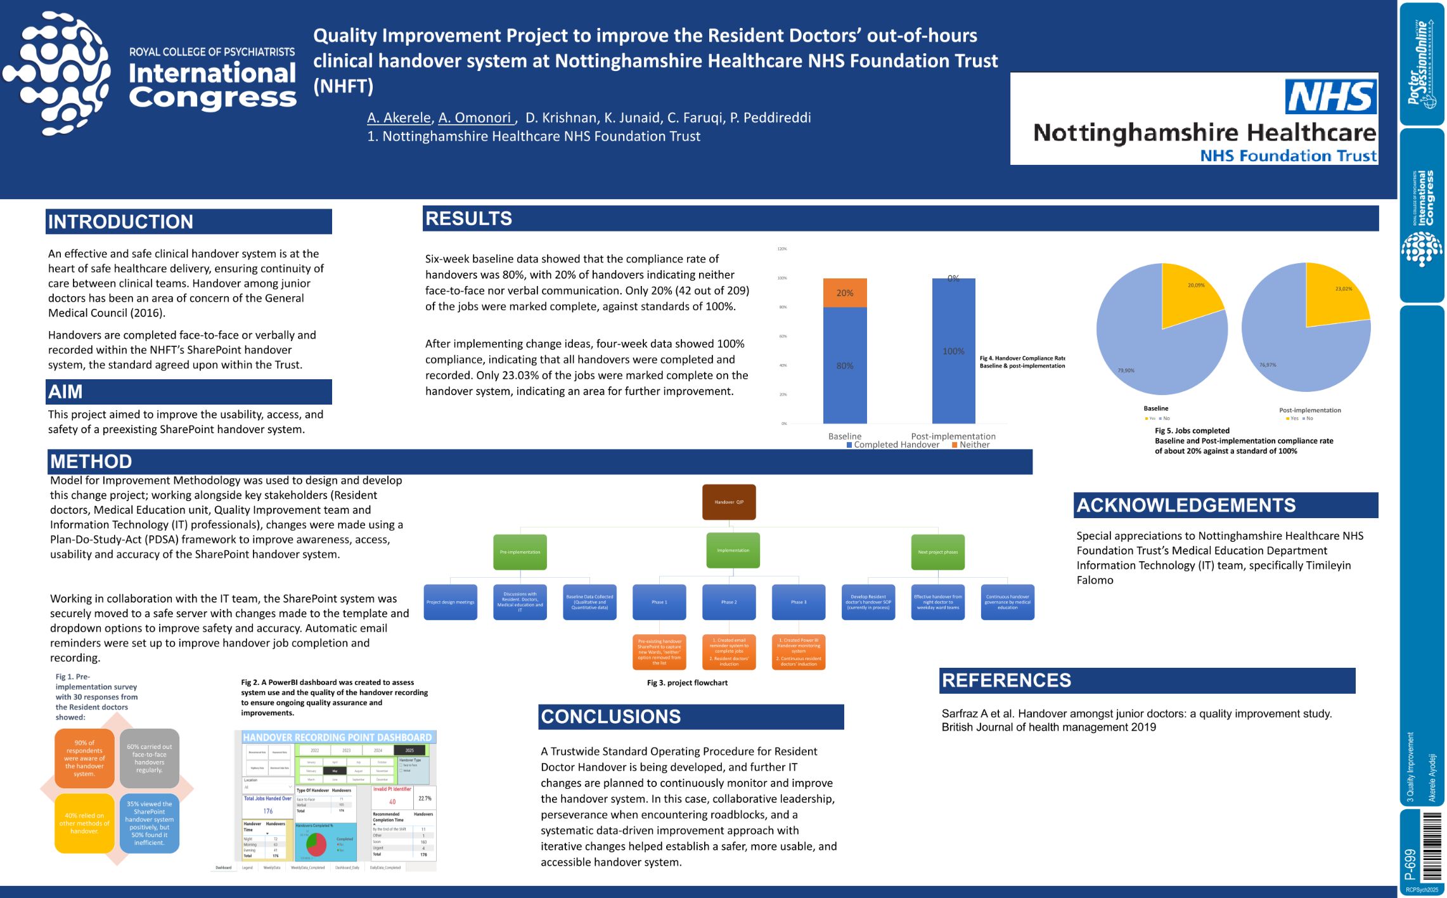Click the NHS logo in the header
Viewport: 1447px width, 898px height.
point(1330,96)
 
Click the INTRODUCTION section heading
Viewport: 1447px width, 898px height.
point(120,221)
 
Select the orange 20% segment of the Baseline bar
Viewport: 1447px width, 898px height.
point(844,293)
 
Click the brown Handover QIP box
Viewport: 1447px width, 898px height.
point(729,502)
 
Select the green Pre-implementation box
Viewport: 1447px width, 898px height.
point(520,552)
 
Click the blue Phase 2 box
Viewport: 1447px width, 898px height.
point(729,602)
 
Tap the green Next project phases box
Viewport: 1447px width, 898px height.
point(937,552)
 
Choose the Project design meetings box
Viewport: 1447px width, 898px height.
point(450,602)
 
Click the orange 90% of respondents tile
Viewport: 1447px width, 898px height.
point(84,758)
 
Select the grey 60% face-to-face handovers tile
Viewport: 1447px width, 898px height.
point(149,758)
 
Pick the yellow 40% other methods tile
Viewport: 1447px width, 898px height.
point(84,823)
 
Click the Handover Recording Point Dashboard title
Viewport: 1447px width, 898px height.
point(337,738)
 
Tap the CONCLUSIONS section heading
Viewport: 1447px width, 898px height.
point(610,717)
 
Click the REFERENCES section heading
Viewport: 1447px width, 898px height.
point(1006,680)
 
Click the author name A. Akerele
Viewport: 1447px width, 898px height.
point(399,118)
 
